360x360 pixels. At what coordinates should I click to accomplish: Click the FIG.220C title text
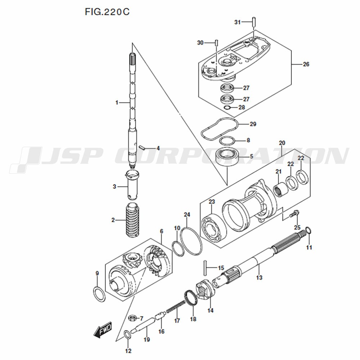(107, 12)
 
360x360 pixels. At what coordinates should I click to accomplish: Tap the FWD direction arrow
(103, 330)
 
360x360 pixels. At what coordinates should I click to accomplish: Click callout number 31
(237, 22)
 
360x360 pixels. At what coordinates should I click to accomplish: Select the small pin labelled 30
(216, 42)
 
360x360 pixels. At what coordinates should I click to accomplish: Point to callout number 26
(306, 64)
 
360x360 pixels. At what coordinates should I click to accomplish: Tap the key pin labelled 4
(142, 147)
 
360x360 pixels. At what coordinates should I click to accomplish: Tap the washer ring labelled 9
(99, 294)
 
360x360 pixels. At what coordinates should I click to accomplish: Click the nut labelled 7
(132, 318)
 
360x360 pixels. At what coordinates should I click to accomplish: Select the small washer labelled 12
(127, 334)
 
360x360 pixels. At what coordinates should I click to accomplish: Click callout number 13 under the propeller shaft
(259, 278)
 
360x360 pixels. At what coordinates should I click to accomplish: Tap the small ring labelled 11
(308, 230)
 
